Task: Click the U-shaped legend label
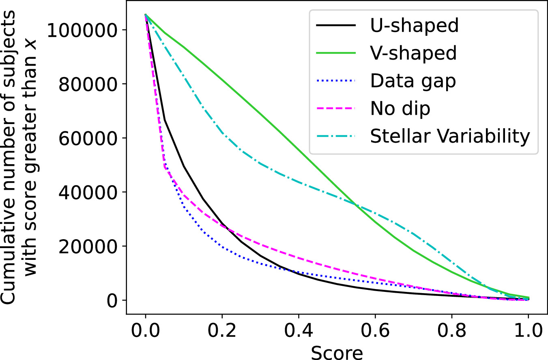click(414, 26)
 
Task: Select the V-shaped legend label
click(413, 53)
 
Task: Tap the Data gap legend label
click(413, 81)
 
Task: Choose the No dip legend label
click(400, 109)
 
